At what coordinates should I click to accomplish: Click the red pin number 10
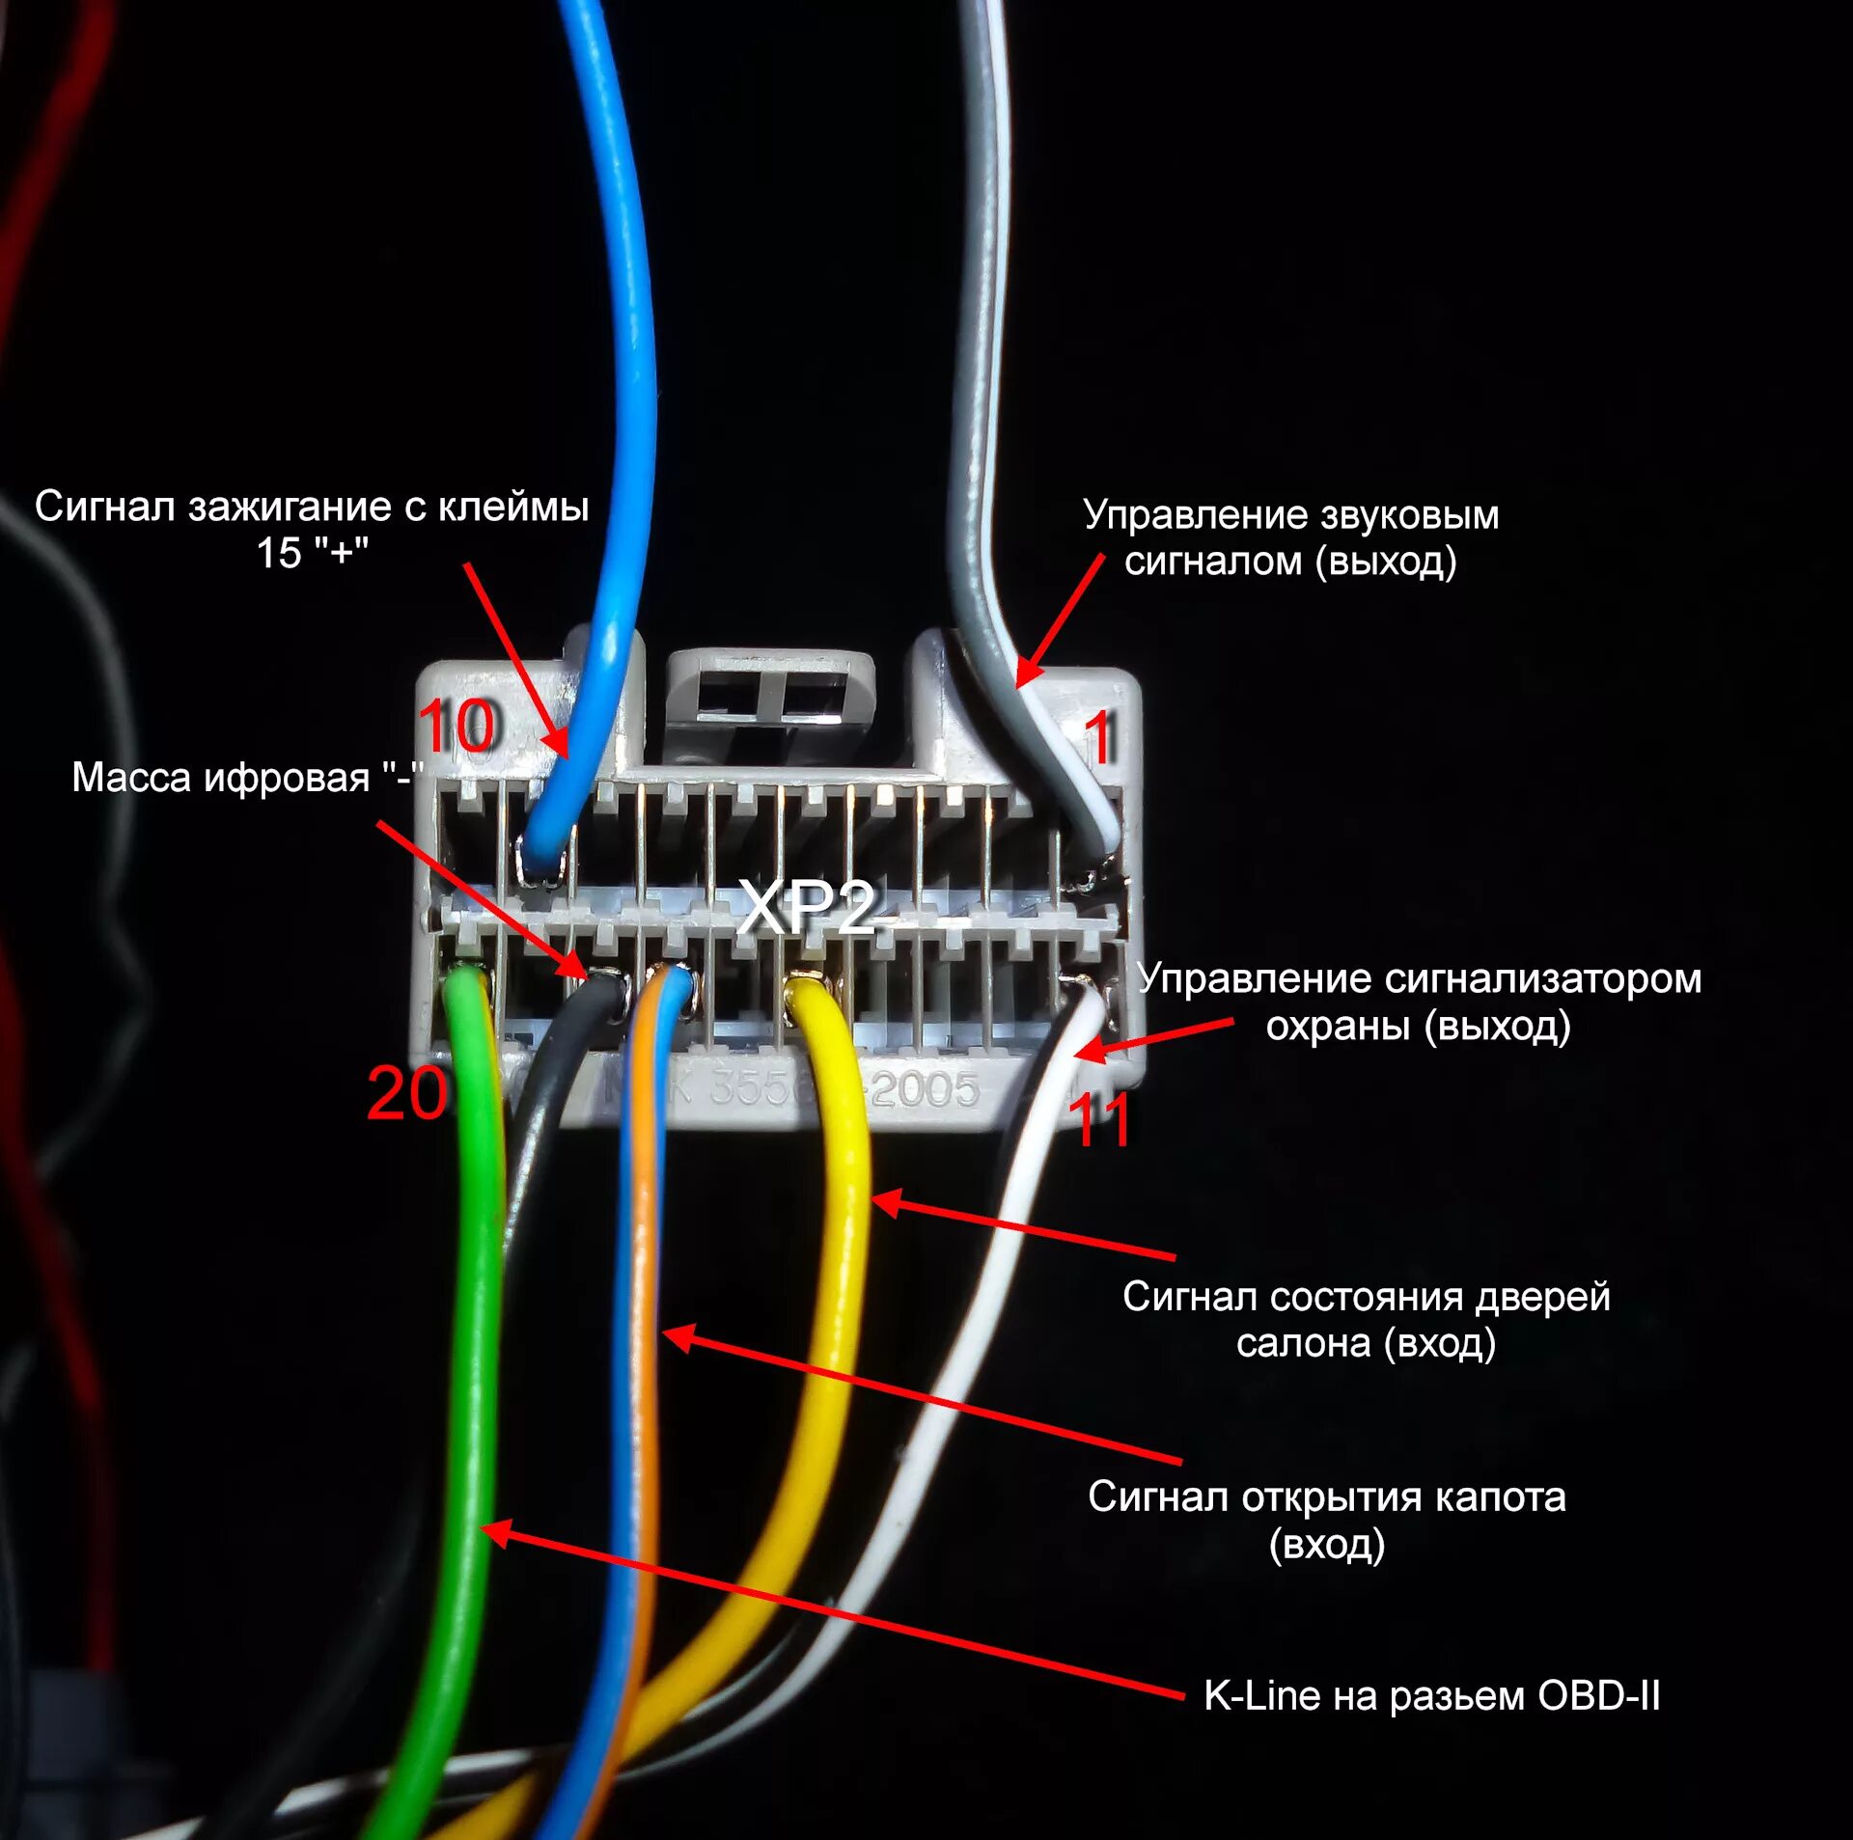[x=457, y=726]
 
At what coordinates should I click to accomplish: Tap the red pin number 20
[x=406, y=1093]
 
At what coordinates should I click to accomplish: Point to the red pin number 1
[x=1099, y=739]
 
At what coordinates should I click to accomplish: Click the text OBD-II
[x=1598, y=1695]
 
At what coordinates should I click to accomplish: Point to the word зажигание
[x=290, y=508]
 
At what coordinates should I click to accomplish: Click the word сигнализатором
[x=1543, y=979]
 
